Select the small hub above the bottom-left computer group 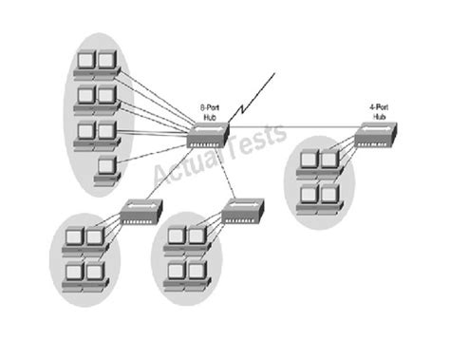pyautogui.click(x=141, y=209)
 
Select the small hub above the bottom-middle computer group pyautogui.click(x=245, y=209)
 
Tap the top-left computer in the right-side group pyautogui.click(x=308, y=162)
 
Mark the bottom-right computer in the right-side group pyautogui.click(x=328, y=197)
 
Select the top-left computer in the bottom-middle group pyautogui.click(x=175, y=237)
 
